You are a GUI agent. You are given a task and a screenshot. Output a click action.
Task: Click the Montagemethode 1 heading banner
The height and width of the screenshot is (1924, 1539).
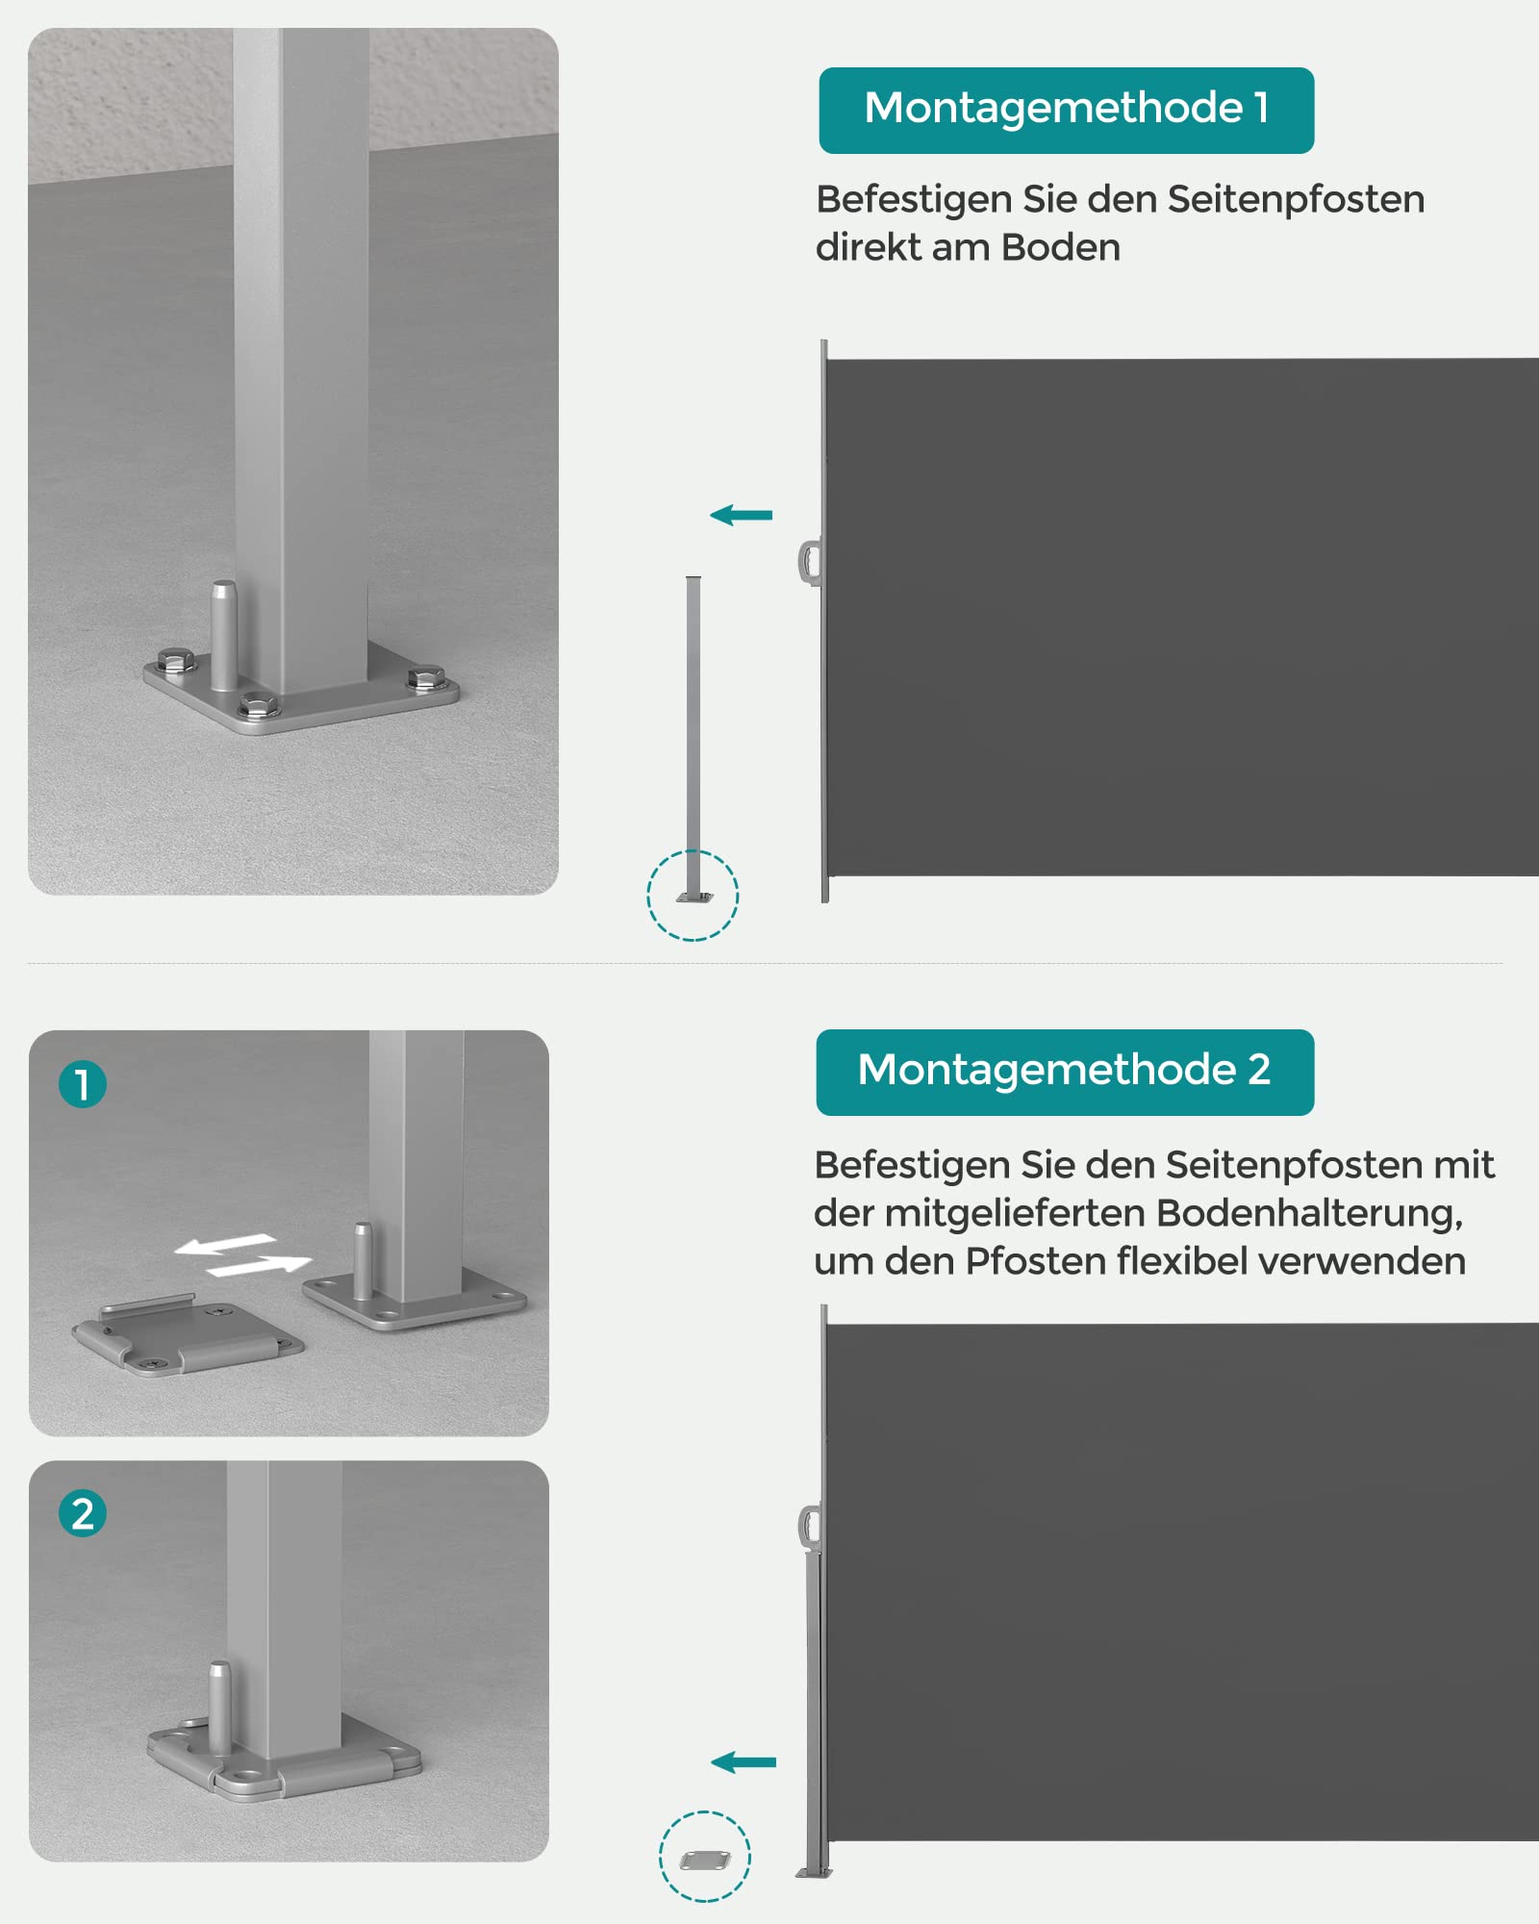[x=1066, y=110]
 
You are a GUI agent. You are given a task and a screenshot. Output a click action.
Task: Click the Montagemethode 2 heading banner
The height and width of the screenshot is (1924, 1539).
[x=1064, y=1072]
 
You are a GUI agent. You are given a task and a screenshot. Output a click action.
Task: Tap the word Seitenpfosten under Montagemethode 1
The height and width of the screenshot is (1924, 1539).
[x=1295, y=200]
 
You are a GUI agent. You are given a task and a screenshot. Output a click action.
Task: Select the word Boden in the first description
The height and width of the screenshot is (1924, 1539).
[x=1060, y=248]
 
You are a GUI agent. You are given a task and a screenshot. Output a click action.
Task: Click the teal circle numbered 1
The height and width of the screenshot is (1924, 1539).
[x=83, y=1084]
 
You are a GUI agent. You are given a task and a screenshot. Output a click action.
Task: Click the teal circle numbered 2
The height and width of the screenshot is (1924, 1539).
[x=83, y=1513]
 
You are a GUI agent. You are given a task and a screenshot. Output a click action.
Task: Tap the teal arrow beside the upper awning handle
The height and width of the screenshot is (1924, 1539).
[x=741, y=516]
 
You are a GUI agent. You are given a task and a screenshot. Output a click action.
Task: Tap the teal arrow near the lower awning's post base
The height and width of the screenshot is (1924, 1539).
[x=743, y=1762]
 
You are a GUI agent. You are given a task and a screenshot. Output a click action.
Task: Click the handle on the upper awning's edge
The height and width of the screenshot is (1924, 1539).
[x=809, y=563]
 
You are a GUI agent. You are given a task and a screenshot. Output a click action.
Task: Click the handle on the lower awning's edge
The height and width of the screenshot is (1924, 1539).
[x=809, y=1528]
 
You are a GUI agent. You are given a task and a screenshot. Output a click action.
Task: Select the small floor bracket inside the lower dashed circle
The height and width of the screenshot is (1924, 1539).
[x=705, y=1861]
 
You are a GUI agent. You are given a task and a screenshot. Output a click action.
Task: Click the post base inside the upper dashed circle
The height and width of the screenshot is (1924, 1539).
[x=694, y=895]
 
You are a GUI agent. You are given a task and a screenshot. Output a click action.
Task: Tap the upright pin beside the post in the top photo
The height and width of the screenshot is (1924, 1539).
[x=224, y=635]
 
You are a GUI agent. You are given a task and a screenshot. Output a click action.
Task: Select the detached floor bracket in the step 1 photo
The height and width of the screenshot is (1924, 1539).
[x=188, y=1336]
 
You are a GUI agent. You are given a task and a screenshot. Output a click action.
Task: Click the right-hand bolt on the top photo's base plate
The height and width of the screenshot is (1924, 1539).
[x=424, y=677]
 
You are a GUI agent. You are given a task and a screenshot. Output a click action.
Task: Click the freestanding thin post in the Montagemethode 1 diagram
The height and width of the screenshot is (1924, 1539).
[x=694, y=731]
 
